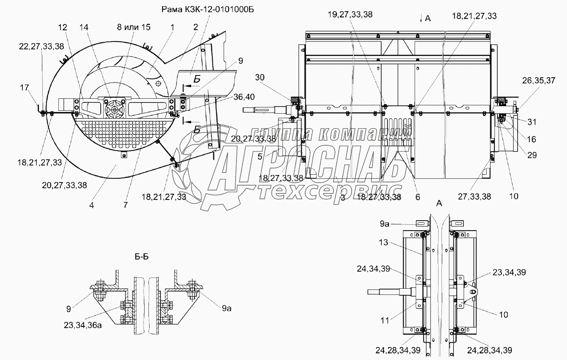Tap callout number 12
[62, 27]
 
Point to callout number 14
[84, 27]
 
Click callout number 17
[24, 88]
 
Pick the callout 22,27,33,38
[41, 47]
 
